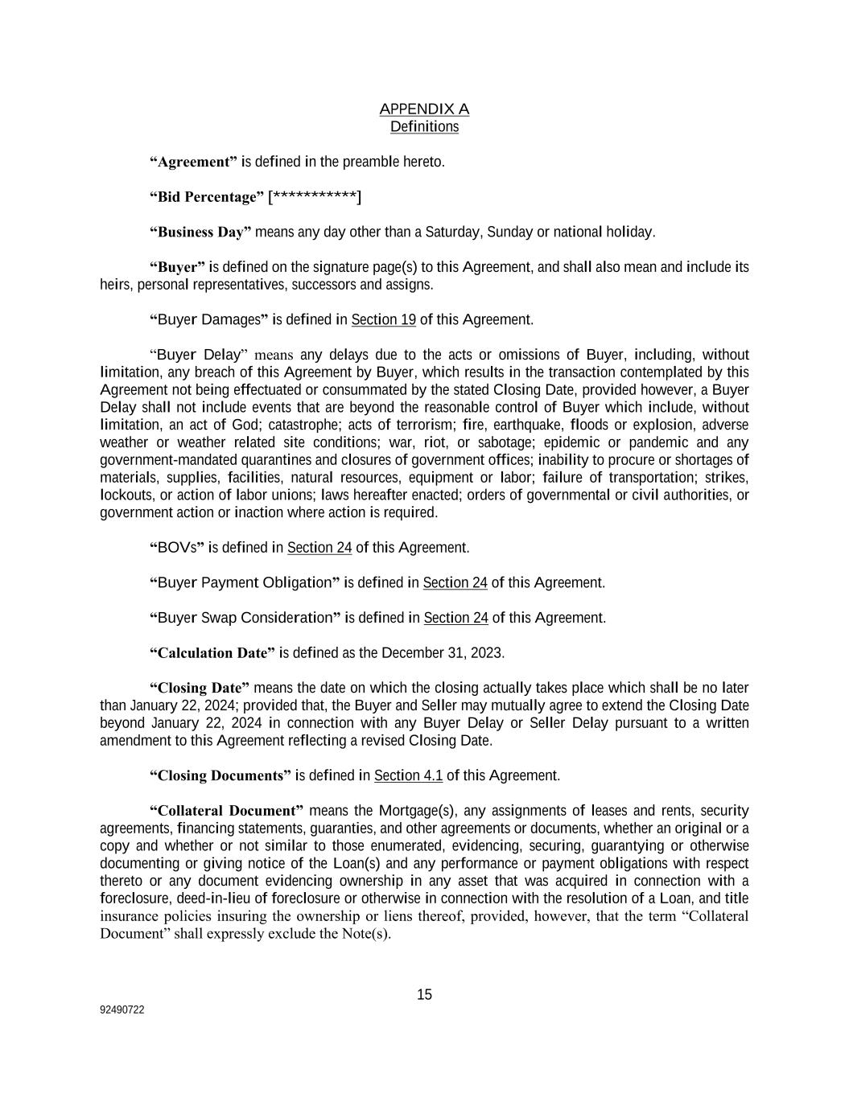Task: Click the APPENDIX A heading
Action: (424, 109)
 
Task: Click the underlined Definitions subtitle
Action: (424, 127)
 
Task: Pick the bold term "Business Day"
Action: (200, 232)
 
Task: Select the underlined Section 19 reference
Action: (383, 320)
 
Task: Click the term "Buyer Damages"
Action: (208, 320)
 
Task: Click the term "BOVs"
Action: (177, 549)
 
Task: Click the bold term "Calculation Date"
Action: (212, 653)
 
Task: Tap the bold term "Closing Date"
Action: (200, 689)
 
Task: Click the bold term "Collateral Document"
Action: (226, 811)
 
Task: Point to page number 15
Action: (424, 995)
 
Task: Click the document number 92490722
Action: (122, 1010)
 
